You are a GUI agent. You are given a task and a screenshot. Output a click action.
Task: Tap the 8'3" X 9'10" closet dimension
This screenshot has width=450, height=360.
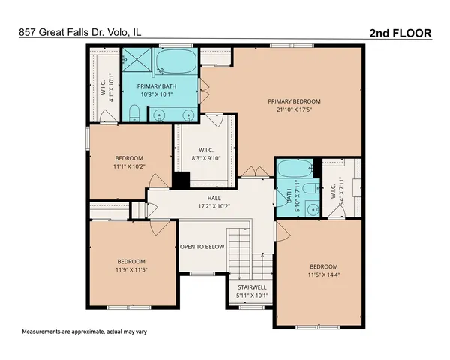(206, 159)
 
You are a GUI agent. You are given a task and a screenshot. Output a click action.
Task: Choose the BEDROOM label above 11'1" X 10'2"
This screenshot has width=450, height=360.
(129, 158)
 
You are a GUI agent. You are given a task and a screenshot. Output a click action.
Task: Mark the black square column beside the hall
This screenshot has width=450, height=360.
(181, 181)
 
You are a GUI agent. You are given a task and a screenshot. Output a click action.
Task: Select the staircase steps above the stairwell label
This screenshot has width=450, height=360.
(242, 251)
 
